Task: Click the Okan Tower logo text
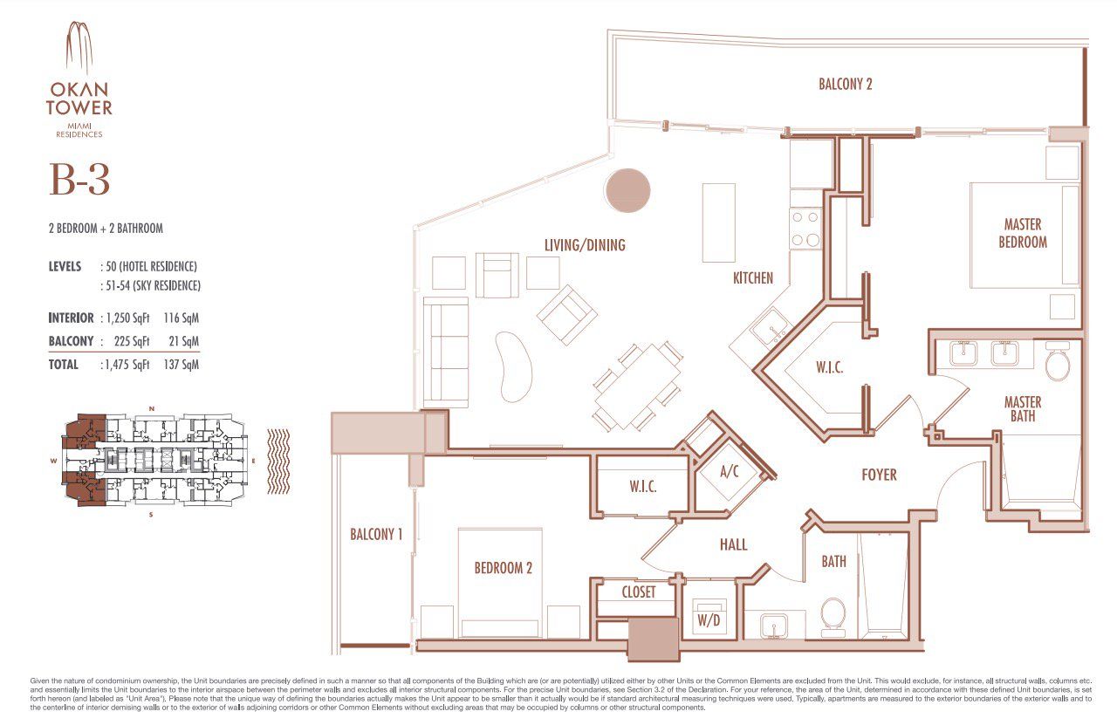coord(79,97)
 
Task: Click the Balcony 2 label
coord(845,85)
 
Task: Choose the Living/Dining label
coord(585,245)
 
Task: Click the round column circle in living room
coord(627,191)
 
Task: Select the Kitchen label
coord(752,278)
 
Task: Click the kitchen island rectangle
coord(718,222)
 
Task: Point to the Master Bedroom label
coord(1022,234)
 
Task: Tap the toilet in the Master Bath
coord(1057,364)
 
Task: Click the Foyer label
coord(878,475)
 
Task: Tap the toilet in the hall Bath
coord(833,612)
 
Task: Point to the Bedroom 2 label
coord(503,568)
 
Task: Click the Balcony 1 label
coord(376,534)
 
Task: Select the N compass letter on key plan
coord(152,408)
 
